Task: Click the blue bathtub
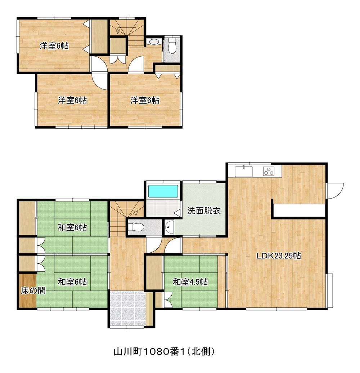point(163,191)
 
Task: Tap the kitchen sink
point(244,172)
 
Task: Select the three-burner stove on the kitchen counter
point(269,171)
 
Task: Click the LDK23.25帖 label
point(279,256)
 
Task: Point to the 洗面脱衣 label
point(204,211)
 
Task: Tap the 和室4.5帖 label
point(190,282)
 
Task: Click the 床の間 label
point(33,290)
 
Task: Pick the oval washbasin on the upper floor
point(154,42)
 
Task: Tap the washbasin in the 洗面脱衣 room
point(170,227)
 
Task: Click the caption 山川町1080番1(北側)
point(164,351)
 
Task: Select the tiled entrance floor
point(127,308)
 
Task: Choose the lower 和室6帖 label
point(72,282)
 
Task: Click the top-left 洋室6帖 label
point(54,46)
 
